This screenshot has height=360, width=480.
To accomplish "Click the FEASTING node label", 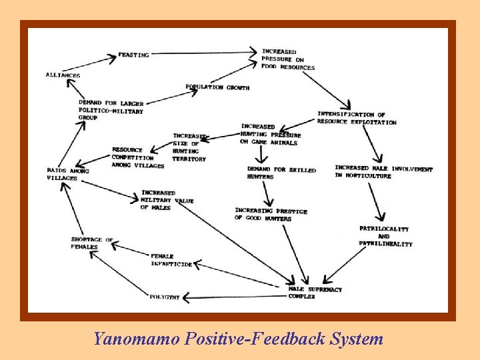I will pyautogui.click(x=133, y=55).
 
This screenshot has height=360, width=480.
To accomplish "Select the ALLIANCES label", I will pyautogui.click(x=63, y=75).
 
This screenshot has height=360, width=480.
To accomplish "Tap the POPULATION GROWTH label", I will pyautogui.click(x=217, y=87).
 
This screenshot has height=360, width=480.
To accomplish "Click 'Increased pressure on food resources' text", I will pyautogui.click(x=287, y=59).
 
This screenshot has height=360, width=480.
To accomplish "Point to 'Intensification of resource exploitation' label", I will pyautogui.click(x=356, y=119).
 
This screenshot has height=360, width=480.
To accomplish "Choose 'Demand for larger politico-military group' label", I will pyautogui.click(x=111, y=111).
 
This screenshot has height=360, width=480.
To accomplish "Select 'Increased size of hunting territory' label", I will pyautogui.click(x=189, y=147).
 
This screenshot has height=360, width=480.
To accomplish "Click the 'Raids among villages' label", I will pyautogui.click(x=67, y=174).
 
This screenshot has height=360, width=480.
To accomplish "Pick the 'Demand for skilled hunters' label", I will pyautogui.click(x=281, y=173).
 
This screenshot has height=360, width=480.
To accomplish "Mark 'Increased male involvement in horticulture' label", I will pyautogui.click(x=383, y=172).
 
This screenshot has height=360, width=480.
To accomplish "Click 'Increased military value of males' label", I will pyautogui.click(x=167, y=200).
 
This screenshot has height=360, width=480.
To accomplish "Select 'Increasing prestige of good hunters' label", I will pyautogui.click(x=271, y=215).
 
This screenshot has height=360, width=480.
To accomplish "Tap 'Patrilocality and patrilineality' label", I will pyautogui.click(x=385, y=237).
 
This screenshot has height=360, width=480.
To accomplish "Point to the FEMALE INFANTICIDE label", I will pyautogui.click(x=171, y=260).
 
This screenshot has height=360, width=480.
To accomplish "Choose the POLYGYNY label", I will pyautogui.click(x=165, y=297).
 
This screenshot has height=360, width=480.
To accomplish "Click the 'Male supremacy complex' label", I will pyautogui.click(x=315, y=293).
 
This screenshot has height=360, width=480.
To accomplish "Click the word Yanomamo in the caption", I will pyautogui.click(x=133, y=339).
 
